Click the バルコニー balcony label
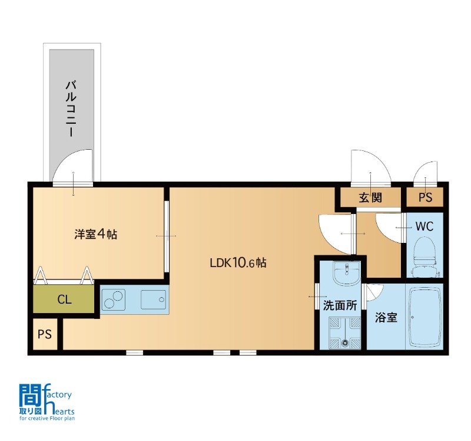click(71, 108)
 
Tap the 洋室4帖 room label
click(96, 234)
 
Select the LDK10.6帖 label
click(238, 263)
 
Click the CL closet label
click(64, 300)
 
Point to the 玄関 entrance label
click(370, 198)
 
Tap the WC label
click(424, 226)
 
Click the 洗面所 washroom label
click(340, 305)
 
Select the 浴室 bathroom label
click(386, 317)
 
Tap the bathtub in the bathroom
click(425, 317)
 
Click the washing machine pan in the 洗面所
click(345, 333)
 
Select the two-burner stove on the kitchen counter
click(114, 300)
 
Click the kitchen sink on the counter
click(153, 300)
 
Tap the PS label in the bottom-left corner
click(45, 334)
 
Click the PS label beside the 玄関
click(425, 198)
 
